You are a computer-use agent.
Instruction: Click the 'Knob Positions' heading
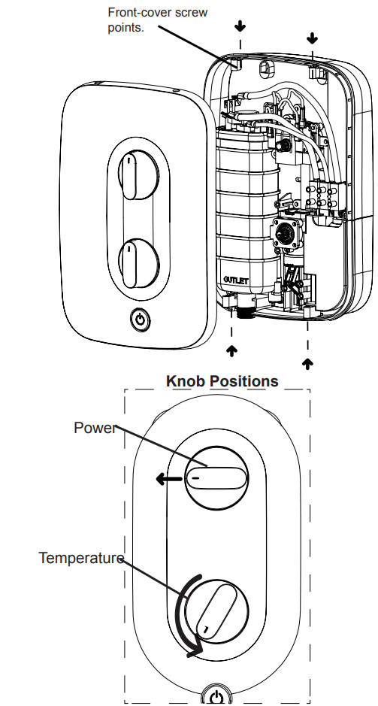click(222, 381)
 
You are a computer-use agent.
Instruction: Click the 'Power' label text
click(95, 428)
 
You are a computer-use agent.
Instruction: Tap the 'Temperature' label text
click(81, 558)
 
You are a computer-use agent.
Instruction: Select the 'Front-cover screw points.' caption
click(158, 20)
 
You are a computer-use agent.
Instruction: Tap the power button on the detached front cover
click(138, 320)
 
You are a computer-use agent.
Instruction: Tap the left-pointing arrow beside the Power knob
click(167, 478)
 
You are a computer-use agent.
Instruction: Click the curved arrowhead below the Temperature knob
click(195, 647)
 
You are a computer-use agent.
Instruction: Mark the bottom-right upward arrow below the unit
click(307, 362)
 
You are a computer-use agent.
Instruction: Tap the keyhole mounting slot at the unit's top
click(265, 69)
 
